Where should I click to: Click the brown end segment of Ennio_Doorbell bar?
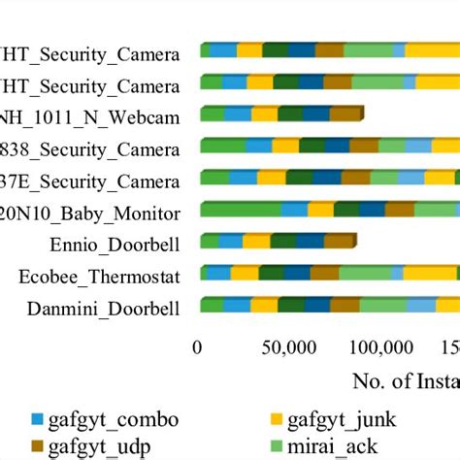coord(341,241)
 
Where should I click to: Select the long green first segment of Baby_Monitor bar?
coord(240,209)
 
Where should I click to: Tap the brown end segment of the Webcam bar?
coord(346,114)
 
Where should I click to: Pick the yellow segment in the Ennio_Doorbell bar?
coord(256,241)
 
